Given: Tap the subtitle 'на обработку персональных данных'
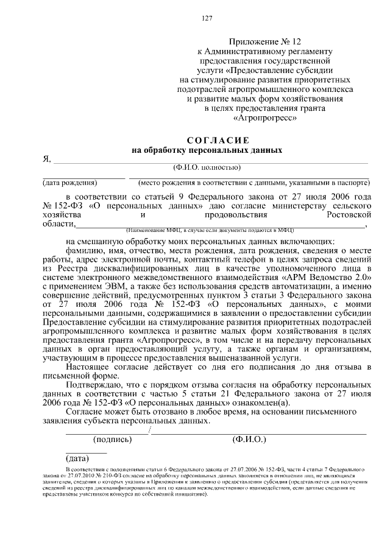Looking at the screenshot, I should click(x=207, y=150).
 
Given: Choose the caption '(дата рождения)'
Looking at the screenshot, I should click(x=69, y=183).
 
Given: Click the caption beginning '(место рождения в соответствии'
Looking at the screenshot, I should click(x=253, y=183).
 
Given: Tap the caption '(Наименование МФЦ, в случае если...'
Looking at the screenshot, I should click(x=210, y=231).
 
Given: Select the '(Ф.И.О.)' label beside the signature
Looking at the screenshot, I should click(x=249, y=439).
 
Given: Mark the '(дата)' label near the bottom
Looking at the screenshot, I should click(x=77, y=458).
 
